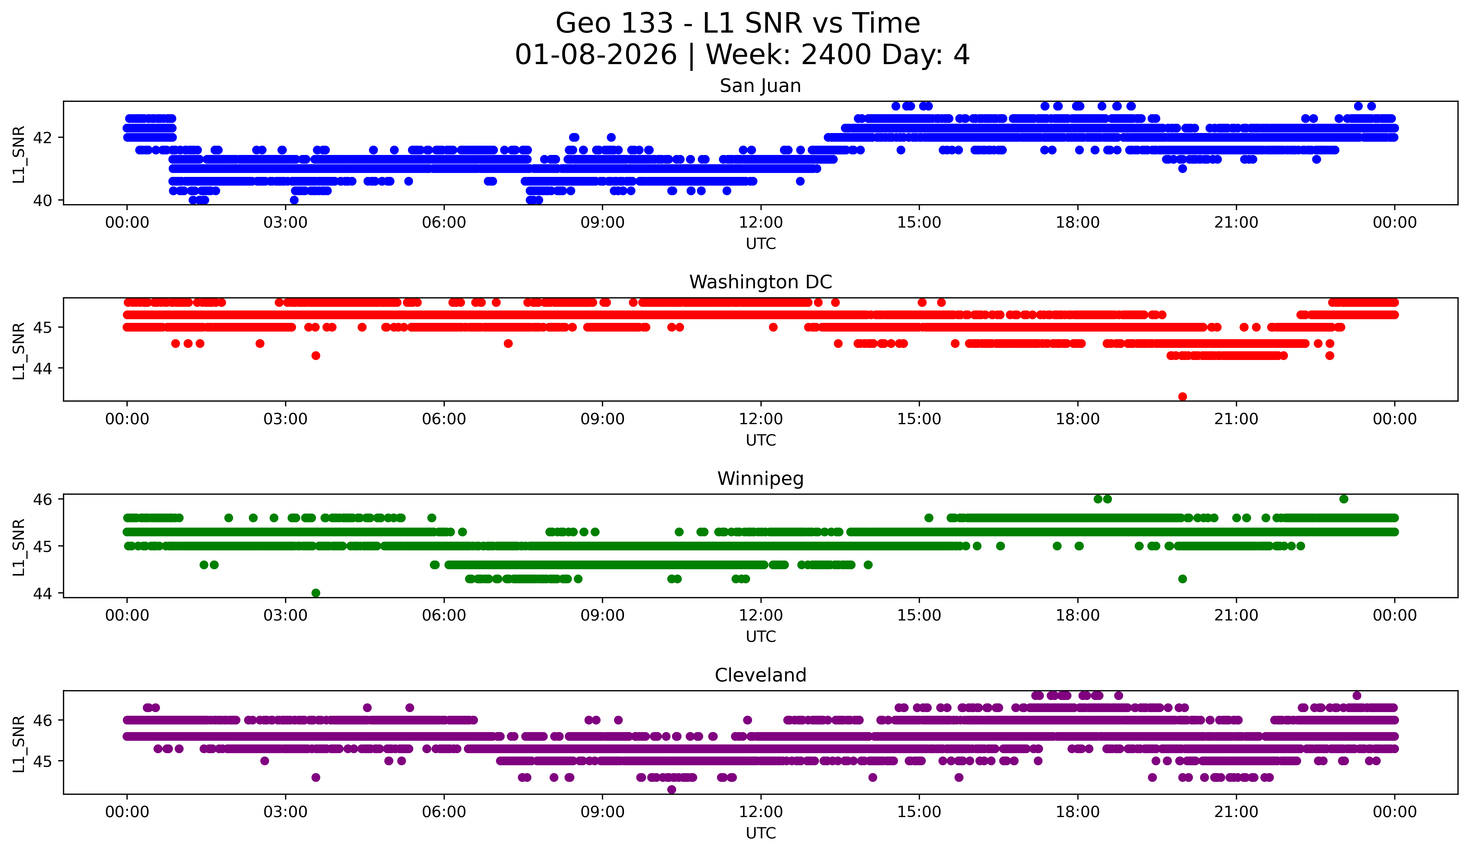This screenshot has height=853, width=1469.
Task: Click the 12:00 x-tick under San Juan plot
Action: click(x=761, y=223)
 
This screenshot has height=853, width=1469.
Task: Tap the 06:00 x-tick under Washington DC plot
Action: click(x=444, y=419)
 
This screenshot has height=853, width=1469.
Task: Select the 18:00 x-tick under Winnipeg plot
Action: click(x=1077, y=616)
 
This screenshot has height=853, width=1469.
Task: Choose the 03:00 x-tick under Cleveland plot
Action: click(x=286, y=812)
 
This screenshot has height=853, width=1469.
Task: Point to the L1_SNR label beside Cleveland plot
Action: click(x=19, y=743)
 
